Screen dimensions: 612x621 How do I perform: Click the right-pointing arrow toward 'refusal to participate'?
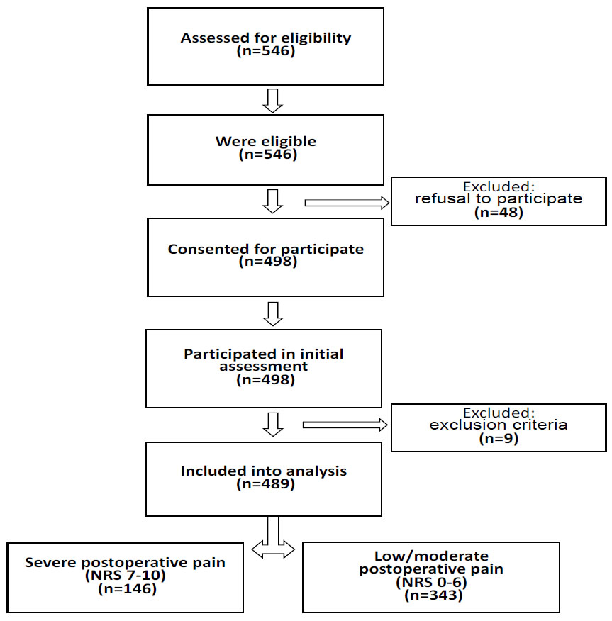tap(347, 203)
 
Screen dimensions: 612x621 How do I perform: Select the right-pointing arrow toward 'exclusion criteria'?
tap(345, 425)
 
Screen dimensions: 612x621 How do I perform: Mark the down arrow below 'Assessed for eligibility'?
tap(272, 101)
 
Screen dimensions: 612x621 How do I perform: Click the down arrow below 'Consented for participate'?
tap(273, 314)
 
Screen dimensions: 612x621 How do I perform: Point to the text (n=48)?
tap(499, 213)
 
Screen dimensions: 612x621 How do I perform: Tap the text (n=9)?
tap(499, 439)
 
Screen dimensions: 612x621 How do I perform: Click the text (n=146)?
tap(127, 589)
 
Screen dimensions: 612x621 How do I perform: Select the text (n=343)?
tap(433, 595)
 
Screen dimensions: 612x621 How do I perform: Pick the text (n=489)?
tap(265, 484)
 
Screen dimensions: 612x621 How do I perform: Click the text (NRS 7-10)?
tap(126, 576)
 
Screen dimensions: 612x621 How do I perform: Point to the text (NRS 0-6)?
tap(431, 583)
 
